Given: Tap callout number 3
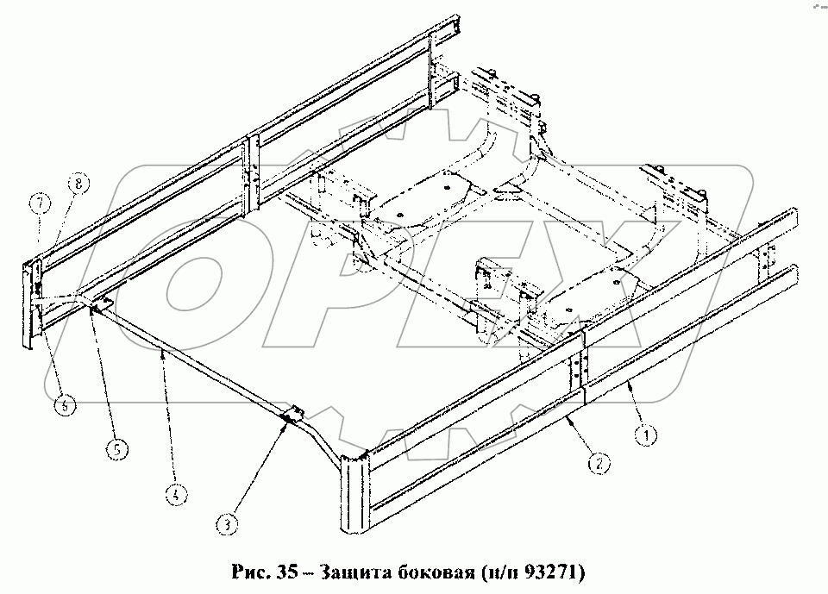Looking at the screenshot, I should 226,522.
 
